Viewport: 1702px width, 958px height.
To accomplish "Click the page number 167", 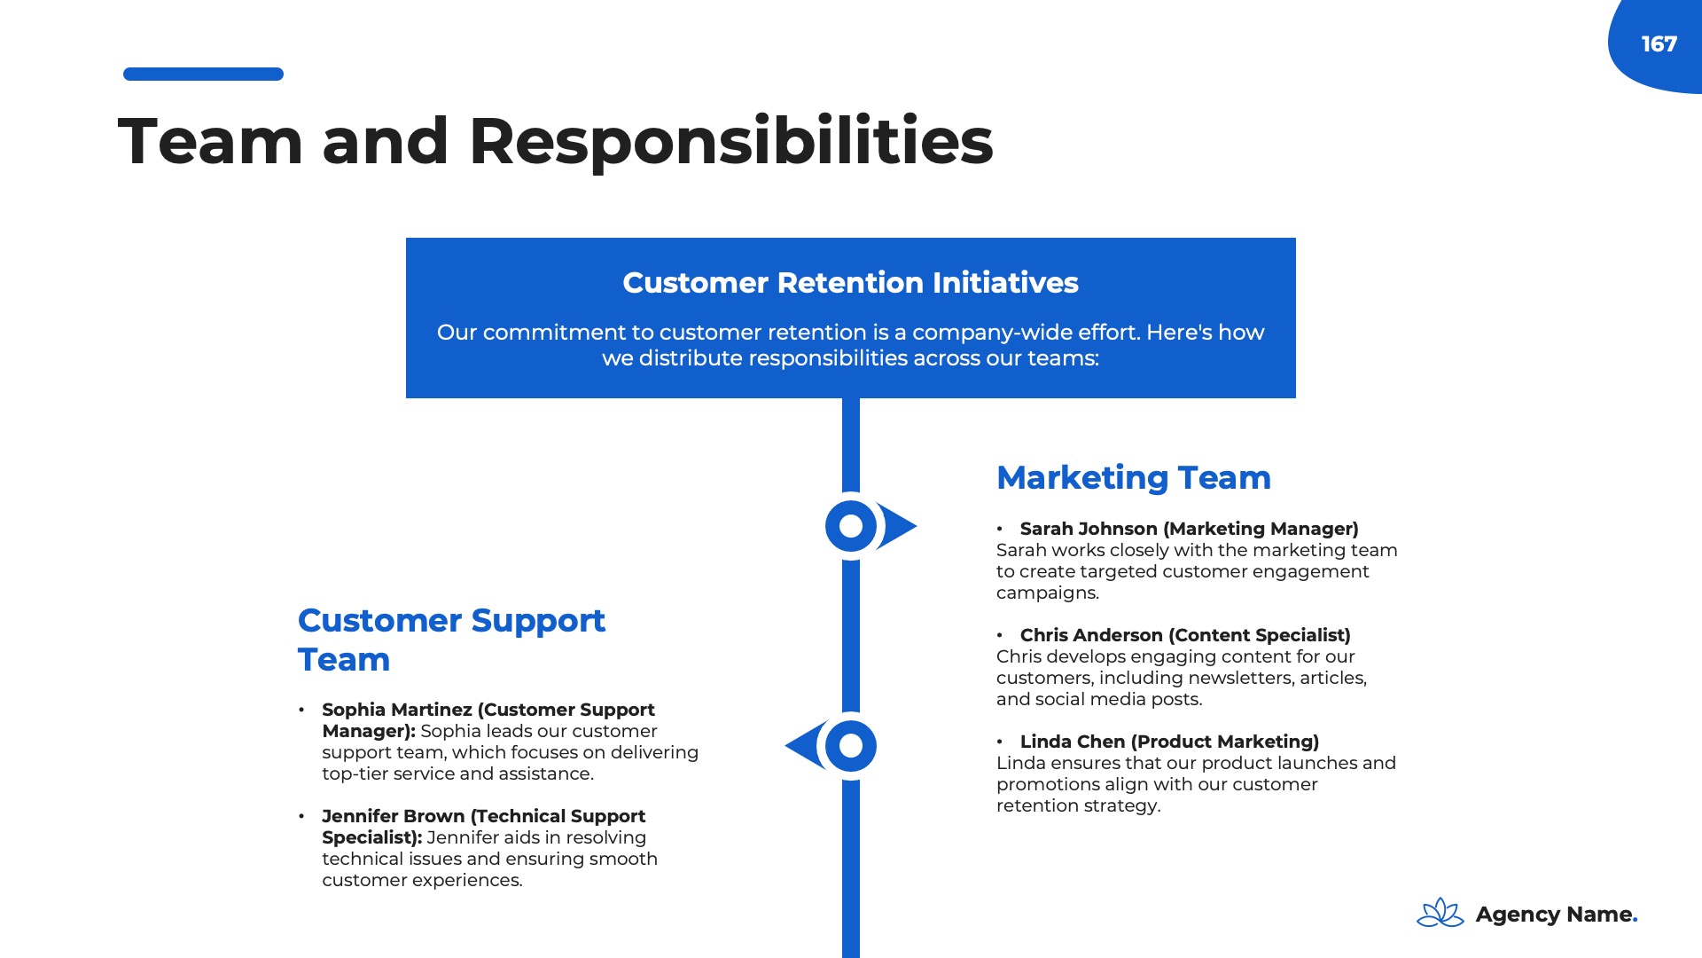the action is tap(1659, 44).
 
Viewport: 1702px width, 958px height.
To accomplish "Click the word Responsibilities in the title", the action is tap(730, 142).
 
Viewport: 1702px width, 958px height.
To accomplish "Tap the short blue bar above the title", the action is tap(203, 75).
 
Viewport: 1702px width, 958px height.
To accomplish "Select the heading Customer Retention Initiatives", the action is tap(850, 283).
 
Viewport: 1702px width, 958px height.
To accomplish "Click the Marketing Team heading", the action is tap(1134, 478).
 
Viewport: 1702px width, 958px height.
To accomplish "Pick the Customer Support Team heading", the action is tap(451, 640).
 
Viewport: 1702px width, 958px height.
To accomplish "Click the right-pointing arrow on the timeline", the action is tap(897, 526).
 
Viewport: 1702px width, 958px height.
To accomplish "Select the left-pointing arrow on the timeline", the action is tap(805, 745).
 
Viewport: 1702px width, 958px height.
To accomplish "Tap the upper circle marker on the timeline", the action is tap(850, 526).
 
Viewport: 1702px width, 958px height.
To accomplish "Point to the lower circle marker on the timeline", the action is tap(850, 746).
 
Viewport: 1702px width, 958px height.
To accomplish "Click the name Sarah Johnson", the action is tap(1089, 529).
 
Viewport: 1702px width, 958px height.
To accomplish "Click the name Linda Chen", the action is tap(1073, 742).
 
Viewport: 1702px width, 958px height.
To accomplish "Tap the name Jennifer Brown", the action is tap(393, 816).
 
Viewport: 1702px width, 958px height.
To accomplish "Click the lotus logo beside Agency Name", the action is tap(1440, 913).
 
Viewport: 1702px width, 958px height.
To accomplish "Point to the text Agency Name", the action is tap(1557, 915).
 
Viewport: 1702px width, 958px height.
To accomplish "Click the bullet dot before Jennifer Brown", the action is tap(301, 816).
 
